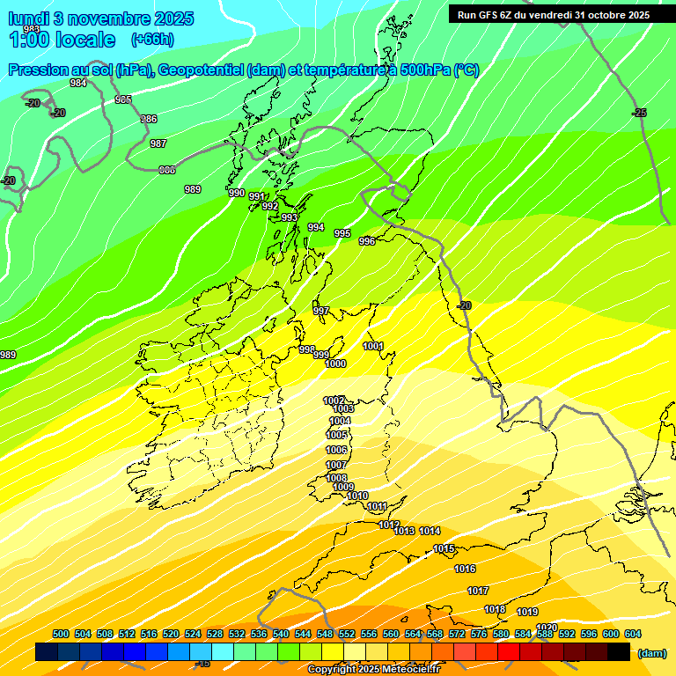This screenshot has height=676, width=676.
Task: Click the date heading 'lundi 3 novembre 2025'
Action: pos(101,18)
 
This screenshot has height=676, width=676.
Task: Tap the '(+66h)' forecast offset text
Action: pos(152,40)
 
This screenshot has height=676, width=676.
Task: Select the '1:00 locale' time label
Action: pos(62,40)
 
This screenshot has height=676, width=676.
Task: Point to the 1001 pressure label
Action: pos(373,346)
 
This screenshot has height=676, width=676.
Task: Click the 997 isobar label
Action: pos(321,311)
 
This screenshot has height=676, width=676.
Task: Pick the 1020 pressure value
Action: pos(547,603)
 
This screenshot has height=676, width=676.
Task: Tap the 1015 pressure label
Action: pos(444,549)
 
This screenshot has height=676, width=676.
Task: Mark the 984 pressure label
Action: pos(78,84)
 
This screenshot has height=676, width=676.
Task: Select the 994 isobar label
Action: pos(316,228)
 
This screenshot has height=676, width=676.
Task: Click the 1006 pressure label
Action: pos(336,450)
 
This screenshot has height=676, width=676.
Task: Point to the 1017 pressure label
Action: pos(478,591)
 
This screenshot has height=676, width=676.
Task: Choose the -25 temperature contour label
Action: pos(639,113)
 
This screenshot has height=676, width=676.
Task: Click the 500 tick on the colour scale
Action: pos(61,634)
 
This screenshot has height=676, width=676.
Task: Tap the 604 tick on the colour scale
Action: pos(633,634)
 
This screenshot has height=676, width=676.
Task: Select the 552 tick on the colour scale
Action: pos(347,634)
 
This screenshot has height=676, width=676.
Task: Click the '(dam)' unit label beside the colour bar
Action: pos(651,653)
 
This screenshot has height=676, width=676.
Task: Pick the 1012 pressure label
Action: pos(388,525)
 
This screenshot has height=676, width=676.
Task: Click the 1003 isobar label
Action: pos(343,409)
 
